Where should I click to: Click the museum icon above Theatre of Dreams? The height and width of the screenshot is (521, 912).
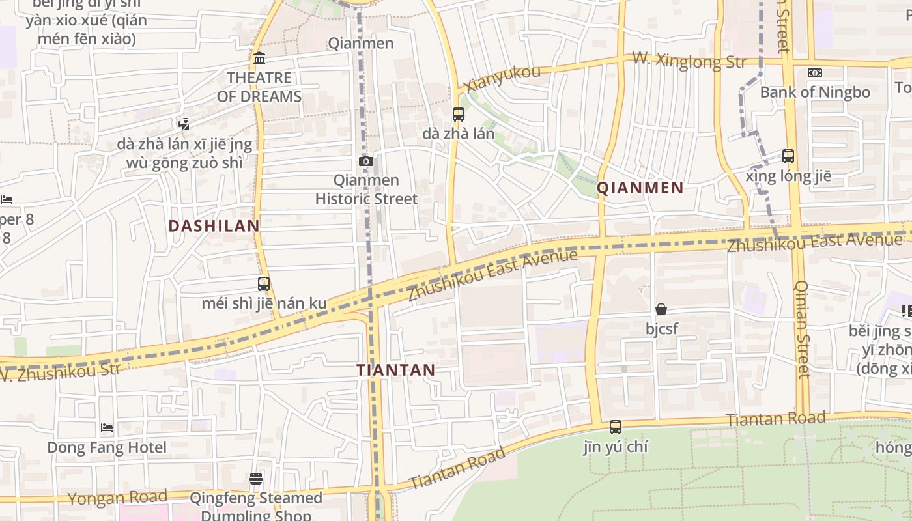tap(259, 59)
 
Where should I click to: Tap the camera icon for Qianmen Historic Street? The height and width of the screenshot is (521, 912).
tap(365, 161)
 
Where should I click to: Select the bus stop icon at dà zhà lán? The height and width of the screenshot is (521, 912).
tap(458, 115)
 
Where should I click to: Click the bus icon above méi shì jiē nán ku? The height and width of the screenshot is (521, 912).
tap(263, 284)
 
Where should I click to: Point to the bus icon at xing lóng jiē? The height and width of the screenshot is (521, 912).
tap(788, 156)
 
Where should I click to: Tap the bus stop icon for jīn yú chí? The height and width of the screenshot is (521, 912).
tap(615, 427)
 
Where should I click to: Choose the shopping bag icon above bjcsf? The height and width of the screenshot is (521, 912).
tap(661, 309)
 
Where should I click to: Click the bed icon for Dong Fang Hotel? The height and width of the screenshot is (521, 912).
tap(107, 428)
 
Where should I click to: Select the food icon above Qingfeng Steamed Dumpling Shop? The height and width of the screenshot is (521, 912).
tap(256, 479)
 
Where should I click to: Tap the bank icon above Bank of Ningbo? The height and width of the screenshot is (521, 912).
tap(815, 73)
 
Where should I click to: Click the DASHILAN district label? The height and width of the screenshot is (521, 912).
tap(214, 226)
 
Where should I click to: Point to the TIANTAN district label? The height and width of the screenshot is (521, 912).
tap(395, 370)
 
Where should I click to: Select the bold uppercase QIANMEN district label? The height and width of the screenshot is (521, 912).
tap(640, 188)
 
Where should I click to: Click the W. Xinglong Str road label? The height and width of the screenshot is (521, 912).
tap(689, 62)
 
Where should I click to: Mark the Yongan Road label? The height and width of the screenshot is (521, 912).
tap(118, 498)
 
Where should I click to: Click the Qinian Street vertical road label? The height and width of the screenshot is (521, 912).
tap(802, 329)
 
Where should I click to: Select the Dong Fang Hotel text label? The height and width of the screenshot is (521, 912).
tap(107, 447)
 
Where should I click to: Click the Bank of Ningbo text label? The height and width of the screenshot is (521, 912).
tap(815, 92)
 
